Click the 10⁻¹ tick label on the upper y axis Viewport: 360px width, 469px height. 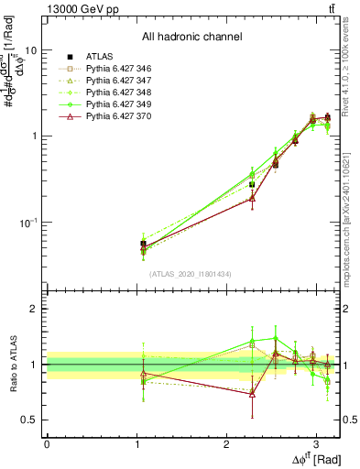click(x=27, y=223)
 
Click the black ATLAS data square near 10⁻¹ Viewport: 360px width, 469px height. click(x=143, y=244)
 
